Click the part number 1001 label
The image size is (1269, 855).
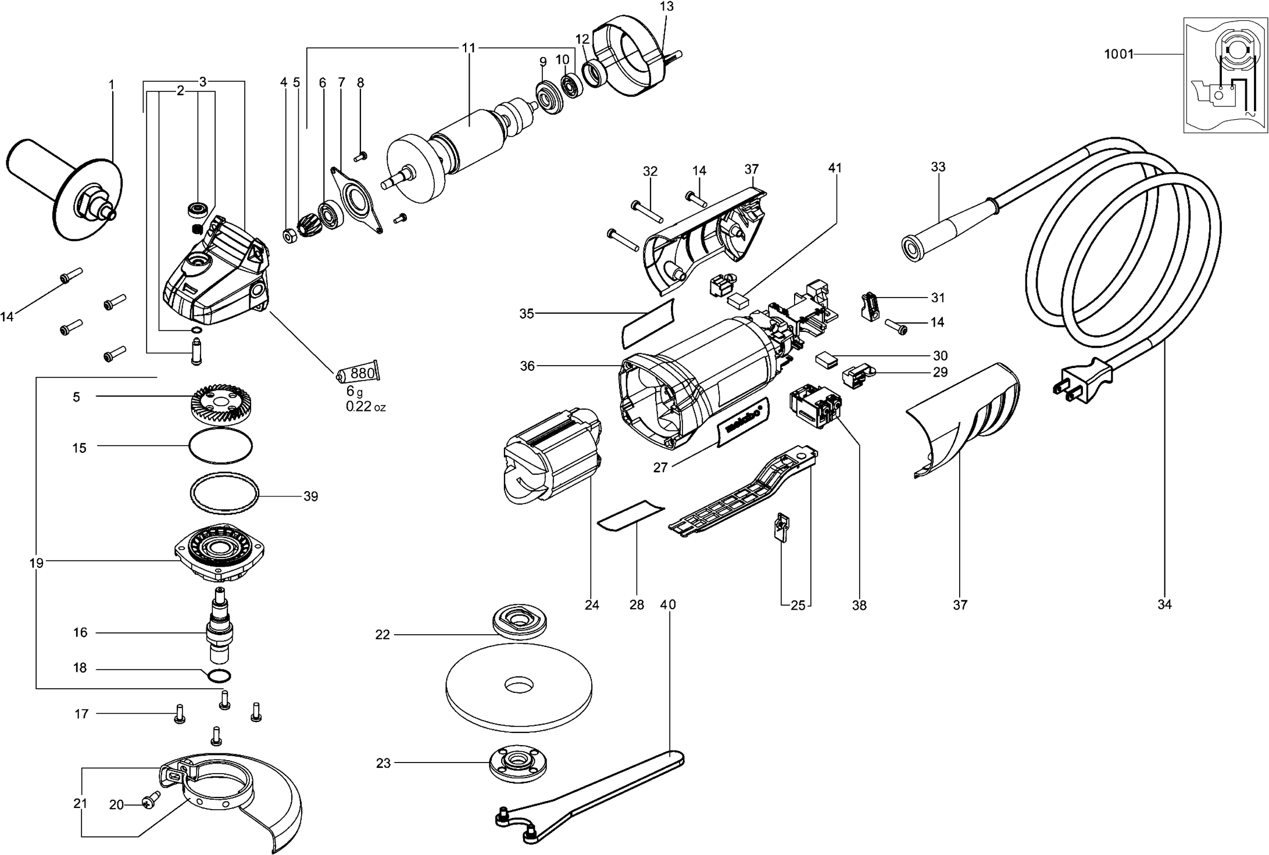(1118, 55)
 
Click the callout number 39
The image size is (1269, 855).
(310, 496)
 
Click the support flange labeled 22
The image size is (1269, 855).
(519, 623)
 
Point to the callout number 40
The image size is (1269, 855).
(668, 604)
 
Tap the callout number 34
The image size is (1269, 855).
(1164, 604)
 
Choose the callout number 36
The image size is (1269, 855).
(527, 366)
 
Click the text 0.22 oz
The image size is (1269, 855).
(365, 407)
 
